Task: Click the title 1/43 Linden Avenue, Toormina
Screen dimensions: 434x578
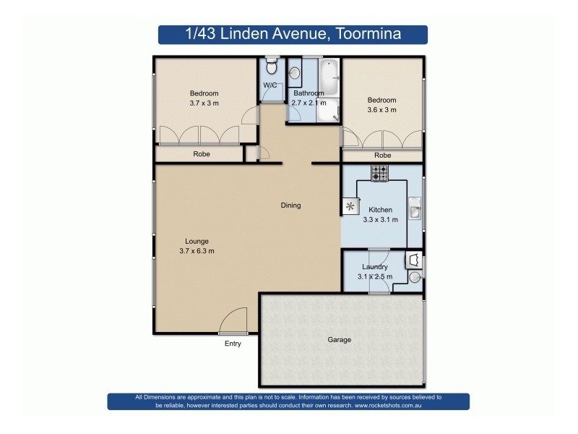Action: (293, 34)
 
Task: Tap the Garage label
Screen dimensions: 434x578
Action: (339, 339)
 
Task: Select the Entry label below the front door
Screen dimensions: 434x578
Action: (232, 344)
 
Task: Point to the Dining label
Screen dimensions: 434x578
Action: (290, 205)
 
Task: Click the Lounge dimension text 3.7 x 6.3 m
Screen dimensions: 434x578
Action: (197, 251)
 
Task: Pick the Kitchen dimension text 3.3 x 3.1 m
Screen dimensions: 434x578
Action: (380, 220)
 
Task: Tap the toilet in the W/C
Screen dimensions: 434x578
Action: (270, 68)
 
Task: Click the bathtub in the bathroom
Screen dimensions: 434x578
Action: (329, 78)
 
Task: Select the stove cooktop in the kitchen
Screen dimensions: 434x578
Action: (379, 173)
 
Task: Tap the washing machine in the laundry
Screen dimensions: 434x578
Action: (414, 259)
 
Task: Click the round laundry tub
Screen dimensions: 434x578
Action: (415, 278)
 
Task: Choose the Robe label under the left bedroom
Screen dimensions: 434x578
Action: (202, 154)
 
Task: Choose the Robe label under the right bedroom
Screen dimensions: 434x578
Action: (382, 156)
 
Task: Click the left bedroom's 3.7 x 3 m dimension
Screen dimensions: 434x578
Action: (204, 103)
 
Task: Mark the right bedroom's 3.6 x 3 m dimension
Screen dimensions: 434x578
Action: (381, 110)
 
